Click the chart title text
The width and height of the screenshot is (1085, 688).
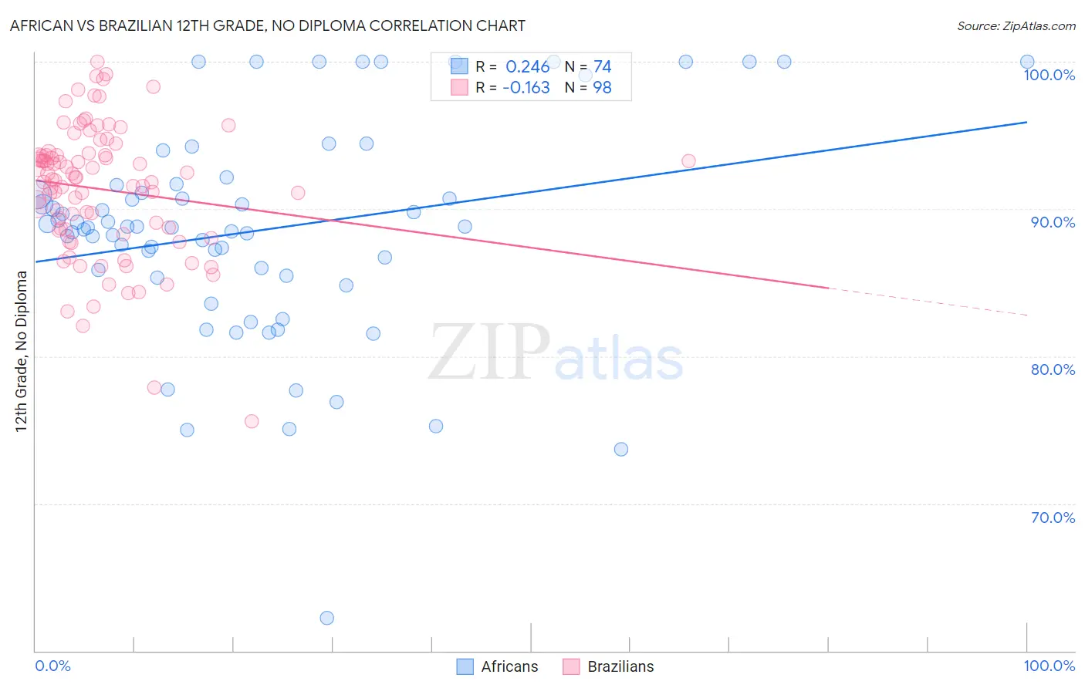pos(267,25)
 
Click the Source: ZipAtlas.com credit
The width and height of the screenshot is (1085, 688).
pos(1016,25)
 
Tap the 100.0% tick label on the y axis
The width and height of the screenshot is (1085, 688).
pos(1049,75)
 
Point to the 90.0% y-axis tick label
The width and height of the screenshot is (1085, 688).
pos(1053,222)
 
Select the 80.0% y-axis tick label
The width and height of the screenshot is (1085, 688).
pos(1053,369)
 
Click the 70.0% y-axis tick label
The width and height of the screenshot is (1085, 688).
pos(1053,518)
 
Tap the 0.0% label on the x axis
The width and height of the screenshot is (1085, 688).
pos(52,666)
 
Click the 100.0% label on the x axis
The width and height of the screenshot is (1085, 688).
pos(1049,666)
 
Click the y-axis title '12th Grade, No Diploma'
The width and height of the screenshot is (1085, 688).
pos(21,351)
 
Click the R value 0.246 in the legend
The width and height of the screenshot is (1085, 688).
pos(527,67)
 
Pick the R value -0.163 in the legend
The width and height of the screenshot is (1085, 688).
pos(526,88)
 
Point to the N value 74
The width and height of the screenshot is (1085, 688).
pos(602,67)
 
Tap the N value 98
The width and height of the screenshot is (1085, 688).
pos(602,88)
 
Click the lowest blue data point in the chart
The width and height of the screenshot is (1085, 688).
pos(326,618)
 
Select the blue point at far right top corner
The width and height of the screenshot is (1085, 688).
pos(1026,62)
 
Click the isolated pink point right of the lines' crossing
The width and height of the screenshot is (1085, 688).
pos(688,161)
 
